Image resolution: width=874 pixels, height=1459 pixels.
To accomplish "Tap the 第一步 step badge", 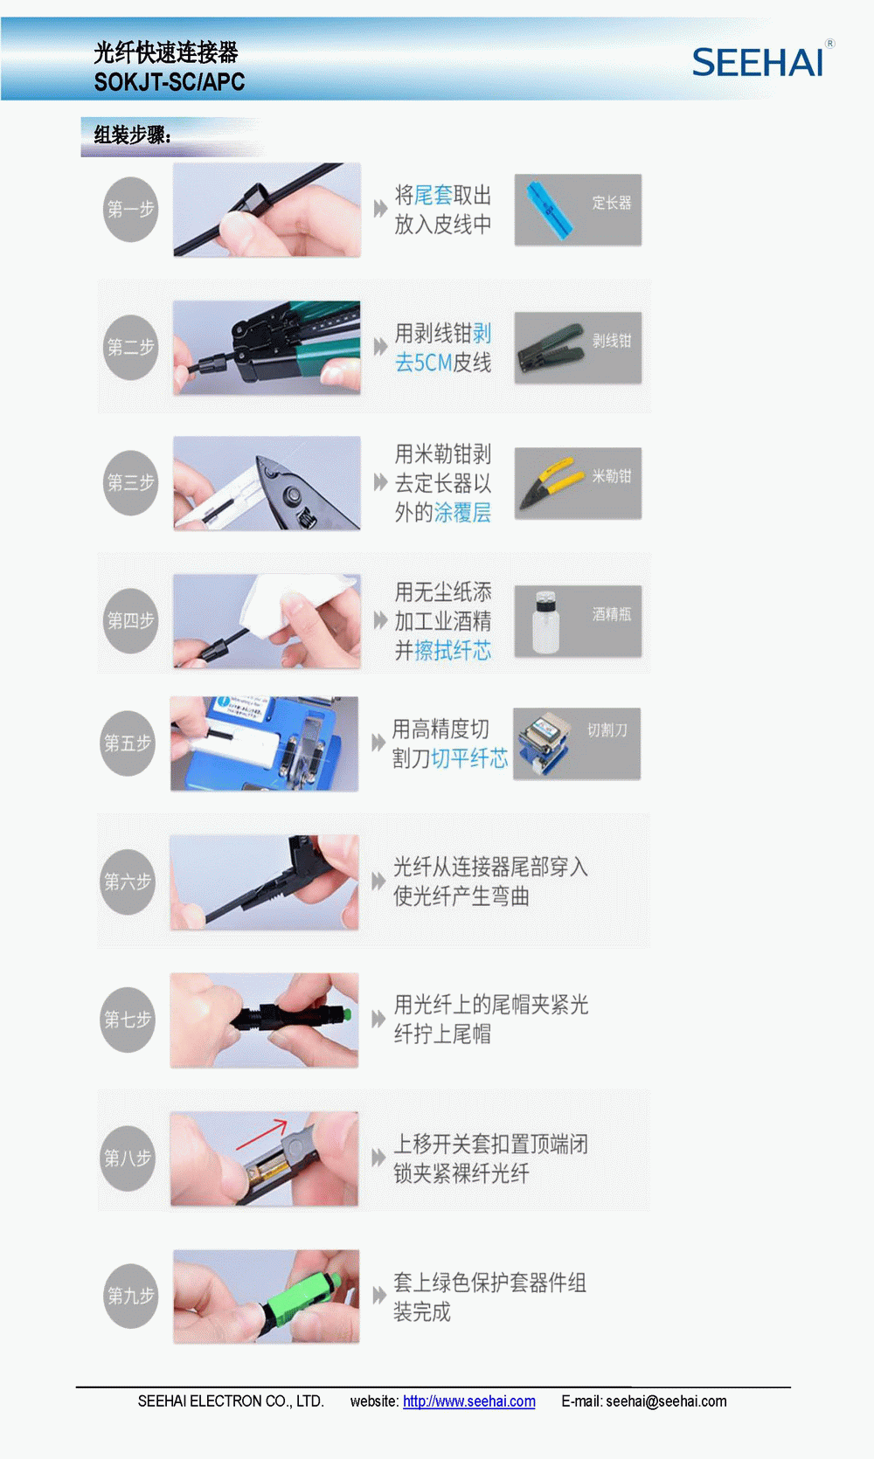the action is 130,209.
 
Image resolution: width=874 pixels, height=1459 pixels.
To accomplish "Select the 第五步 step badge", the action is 128,743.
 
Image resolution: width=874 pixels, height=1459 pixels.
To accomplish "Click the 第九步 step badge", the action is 130,1296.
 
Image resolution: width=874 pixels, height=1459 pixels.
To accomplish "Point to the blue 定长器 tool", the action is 550,210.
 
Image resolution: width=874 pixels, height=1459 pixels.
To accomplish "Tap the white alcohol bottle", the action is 545,620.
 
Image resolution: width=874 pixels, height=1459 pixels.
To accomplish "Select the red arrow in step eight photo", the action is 261,1134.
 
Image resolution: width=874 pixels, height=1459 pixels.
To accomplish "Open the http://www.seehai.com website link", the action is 469,1401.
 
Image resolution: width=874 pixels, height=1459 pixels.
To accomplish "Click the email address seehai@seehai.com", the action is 666,1401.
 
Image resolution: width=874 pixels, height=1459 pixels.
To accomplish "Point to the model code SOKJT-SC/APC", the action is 170,82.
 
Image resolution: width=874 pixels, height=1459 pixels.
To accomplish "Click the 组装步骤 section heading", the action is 132,135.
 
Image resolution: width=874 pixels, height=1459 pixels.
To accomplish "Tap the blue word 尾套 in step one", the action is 434,195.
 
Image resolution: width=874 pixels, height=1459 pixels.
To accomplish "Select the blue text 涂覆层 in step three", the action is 462,513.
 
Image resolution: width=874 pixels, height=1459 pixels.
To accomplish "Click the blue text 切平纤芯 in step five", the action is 469,758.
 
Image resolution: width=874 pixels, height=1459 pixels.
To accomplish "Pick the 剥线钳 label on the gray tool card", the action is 611,341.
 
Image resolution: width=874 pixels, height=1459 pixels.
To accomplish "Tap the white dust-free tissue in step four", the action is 296,603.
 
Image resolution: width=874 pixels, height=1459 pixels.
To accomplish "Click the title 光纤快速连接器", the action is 166,52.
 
